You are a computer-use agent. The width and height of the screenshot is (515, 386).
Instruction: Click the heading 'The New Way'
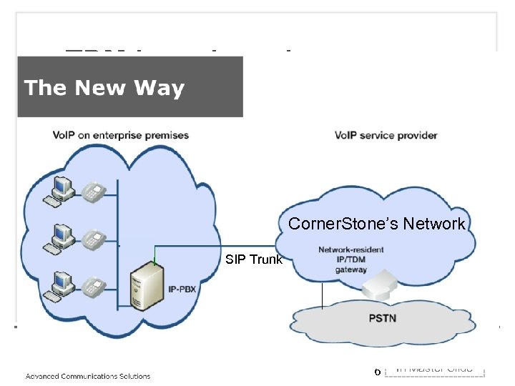tap(104, 88)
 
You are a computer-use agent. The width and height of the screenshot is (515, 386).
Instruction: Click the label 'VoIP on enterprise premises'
tap(120, 135)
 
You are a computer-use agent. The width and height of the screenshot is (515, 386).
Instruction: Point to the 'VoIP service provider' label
tap(386, 135)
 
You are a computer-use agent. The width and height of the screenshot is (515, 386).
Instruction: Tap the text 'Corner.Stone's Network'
tap(376, 224)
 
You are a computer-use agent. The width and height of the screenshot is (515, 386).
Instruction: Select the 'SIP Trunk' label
tap(254, 259)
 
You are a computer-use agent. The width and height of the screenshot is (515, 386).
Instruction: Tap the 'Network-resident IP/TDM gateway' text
tap(350, 259)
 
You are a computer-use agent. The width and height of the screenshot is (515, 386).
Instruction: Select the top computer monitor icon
tap(62, 188)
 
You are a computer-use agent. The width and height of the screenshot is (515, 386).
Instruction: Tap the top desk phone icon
tap(94, 192)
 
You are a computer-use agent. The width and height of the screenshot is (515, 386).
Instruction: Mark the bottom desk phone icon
tap(94, 288)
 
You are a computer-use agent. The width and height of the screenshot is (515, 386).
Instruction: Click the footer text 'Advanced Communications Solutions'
tap(88, 376)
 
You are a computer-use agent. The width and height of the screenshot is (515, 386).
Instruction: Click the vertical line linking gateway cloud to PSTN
tap(323, 295)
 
